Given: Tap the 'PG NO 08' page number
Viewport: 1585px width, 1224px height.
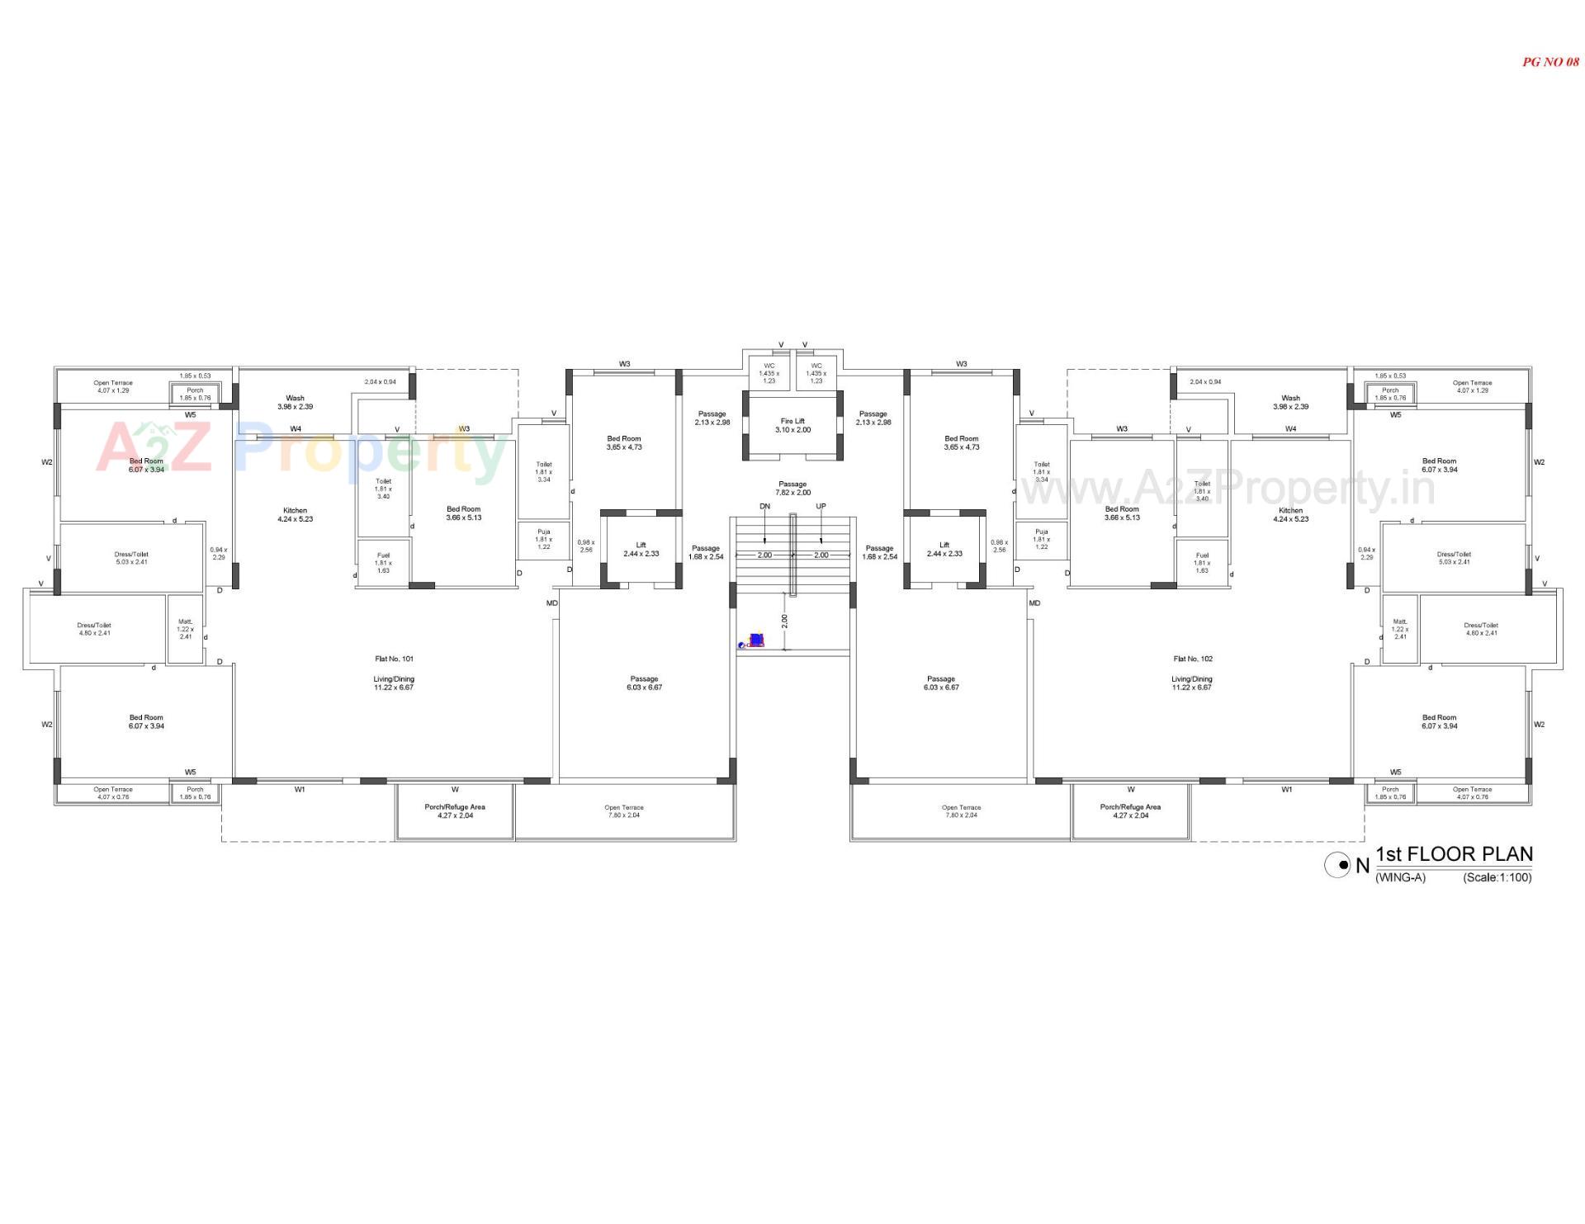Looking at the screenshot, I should (1550, 62).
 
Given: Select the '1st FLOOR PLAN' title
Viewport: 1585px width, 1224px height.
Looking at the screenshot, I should (1454, 854).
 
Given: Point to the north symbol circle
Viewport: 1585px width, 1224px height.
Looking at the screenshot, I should (1337, 865).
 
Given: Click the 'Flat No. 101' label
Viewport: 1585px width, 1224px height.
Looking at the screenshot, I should (394, 659).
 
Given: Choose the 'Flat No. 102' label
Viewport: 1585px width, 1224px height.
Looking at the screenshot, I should (1193, 659).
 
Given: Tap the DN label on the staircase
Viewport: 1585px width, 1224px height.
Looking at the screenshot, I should (764, 506).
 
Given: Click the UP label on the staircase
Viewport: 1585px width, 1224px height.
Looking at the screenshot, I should (821, 506).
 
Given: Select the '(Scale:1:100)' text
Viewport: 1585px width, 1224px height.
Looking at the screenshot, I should (1497, 877).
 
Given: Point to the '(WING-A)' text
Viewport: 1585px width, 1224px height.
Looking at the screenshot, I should (1400, 877).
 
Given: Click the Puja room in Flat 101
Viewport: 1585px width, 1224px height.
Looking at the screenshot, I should (543, 539).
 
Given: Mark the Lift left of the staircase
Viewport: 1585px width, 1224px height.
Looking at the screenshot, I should (641, 549).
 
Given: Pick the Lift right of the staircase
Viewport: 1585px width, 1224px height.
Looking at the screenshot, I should (944, 549).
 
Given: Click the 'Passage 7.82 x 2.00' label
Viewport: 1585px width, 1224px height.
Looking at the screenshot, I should (792, 489).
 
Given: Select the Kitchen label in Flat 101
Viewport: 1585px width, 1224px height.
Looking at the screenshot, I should (295, 515).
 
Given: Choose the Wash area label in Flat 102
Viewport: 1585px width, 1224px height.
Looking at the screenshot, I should (1290, 402).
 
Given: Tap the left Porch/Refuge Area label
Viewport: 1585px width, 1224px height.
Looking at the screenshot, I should (455, 810).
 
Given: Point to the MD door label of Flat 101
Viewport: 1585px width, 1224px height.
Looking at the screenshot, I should (551, 603).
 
